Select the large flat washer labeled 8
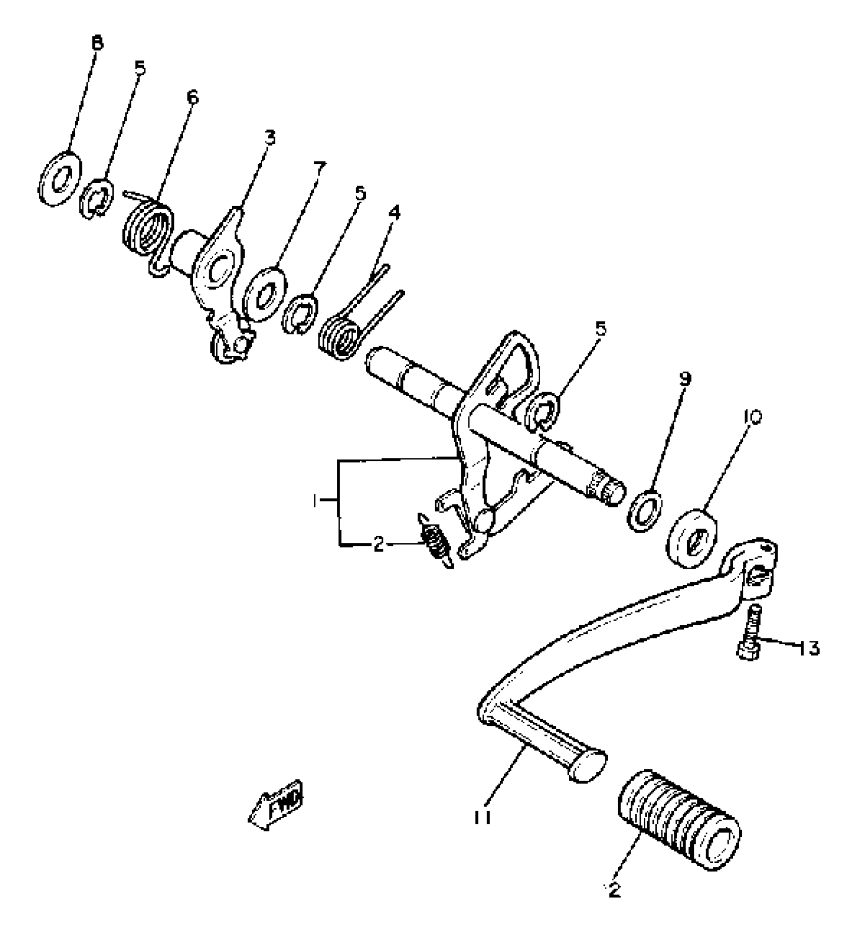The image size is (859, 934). coord(59,178)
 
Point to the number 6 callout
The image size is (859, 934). coord(192,97)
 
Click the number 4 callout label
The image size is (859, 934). coord(394,212)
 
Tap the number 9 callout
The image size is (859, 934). coord(685,378)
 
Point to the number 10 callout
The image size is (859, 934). coord(752,417)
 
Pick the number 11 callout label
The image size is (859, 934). coord(483,817)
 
